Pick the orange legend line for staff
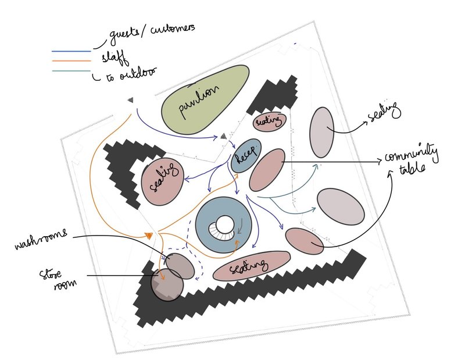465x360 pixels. tap(71, 61)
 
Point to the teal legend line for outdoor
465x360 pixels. tap(71, 71)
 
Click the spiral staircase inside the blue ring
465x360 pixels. tap(226, 228)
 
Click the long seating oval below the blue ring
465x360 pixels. tap(251, 266)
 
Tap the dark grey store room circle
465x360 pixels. tap(167, 283)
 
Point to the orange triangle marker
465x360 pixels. tap(149, 236)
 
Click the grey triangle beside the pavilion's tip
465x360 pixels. tap(223, 136)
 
